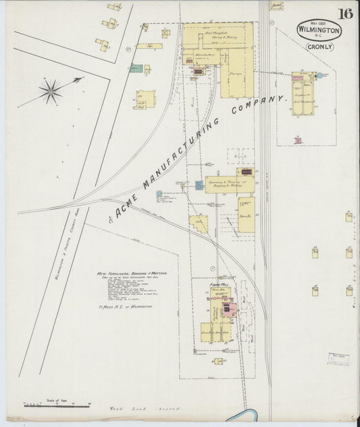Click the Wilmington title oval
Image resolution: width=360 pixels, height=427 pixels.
(319, 29)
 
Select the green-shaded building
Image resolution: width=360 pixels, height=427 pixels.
(136, 68)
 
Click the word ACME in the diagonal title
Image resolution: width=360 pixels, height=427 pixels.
(129, 206)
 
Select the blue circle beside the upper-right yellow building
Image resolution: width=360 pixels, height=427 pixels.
(319, 76)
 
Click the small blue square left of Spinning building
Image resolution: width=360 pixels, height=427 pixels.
(200, 184)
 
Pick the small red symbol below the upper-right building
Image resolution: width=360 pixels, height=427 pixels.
(297, 141)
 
